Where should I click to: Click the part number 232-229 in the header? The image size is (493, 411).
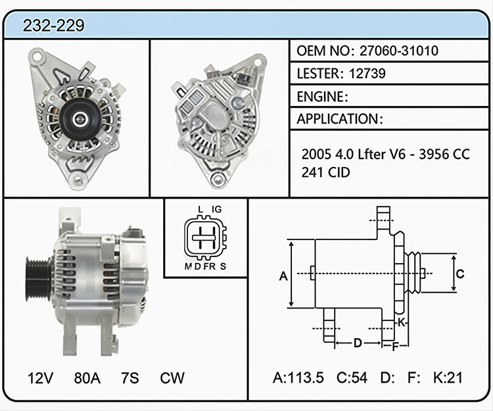(x=53, y=25)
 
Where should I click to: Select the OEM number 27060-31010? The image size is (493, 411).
(x=399, y=51)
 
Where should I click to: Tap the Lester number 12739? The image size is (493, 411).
(x=367, y=73)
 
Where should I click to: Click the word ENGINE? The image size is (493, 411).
(x=320, y=97)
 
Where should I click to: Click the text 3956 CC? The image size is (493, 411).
(x=444, y=154)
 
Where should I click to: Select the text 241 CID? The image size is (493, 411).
(x=325, y=172)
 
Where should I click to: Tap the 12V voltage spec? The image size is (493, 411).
(x=40, y=378)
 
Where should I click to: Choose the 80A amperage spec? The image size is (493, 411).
(x=87, y=378)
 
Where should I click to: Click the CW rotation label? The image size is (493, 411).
(x=172, y=378)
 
